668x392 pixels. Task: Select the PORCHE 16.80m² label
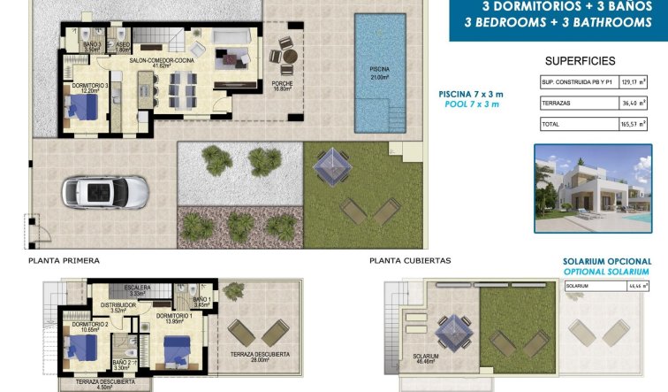tap(283, 86)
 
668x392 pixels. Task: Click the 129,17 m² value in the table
tap(634, 81)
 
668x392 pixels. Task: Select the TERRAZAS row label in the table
tap(555, 103)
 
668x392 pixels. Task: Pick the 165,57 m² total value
tap(634, 124)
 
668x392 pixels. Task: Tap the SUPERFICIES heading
tap(579, 61)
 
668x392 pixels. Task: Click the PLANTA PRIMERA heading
tap(64, 261)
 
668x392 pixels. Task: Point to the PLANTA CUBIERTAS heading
tap(410, 261)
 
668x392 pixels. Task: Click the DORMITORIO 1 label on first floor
tap(174, 319)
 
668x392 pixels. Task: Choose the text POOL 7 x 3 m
tap(472, 104)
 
